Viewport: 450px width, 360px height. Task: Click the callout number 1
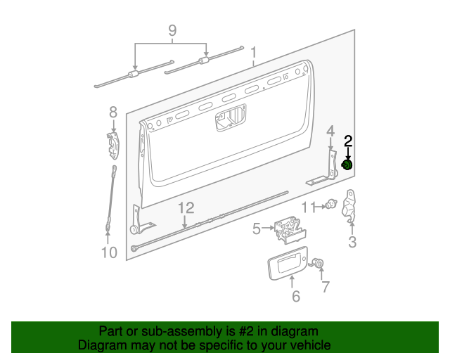[254, 52]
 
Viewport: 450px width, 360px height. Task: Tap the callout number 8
[113, 112]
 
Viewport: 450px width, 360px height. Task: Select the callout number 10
[109, 252]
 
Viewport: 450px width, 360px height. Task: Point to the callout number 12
[184, 208]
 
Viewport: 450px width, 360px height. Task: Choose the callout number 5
[257, 228]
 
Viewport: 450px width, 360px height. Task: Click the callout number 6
[295, 297]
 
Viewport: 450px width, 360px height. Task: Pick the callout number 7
[325, 286]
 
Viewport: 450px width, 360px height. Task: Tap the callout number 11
[309, 207]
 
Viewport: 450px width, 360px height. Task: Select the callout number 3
[352, 243]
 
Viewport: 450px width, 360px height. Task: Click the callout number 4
[330, 131]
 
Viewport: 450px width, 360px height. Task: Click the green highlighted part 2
[347, 165]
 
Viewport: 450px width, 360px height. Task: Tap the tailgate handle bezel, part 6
[288, 267]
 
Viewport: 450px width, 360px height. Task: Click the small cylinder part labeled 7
[318, 264]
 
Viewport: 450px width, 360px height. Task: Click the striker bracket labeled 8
[114, 145]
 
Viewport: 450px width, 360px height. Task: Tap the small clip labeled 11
[329, 206]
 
